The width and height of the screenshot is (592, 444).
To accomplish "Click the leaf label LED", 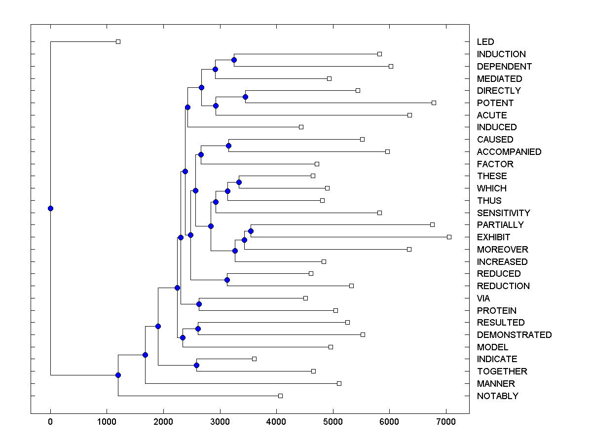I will click(x=485, y=42).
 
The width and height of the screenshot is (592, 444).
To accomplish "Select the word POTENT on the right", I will click(x=495, y=103).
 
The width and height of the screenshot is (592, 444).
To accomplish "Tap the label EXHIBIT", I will click(x=493, y=237).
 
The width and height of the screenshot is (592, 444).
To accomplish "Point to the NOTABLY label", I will click(x=497, y=396).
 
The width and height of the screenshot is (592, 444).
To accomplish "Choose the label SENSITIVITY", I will click(x=503, y=213).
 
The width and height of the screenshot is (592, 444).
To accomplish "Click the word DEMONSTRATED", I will click(x=514, y=335).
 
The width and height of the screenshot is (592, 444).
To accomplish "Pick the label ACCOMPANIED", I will click(x=509, y=152).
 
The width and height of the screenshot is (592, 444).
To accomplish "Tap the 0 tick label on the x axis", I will click(x=50, y=422).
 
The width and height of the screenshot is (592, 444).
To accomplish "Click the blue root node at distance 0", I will click(x=50, y=208).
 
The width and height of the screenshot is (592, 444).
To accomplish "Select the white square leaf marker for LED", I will click(x=118, y=41).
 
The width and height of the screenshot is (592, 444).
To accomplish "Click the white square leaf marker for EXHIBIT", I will click(x=449, y=237).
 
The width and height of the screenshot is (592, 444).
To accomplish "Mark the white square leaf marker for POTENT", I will click(x=434, y=103).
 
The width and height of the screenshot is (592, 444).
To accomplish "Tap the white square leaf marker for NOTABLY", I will click(x=280, y=396).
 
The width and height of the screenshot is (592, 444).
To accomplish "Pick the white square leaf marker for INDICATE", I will click(x=254, y=359).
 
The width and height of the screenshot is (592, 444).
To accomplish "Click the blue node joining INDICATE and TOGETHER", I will click(x=196, y=365).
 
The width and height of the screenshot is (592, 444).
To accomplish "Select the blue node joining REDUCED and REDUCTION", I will click(x=227, y=280).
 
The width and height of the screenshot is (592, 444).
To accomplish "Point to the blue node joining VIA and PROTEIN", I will click(x=199, y=304).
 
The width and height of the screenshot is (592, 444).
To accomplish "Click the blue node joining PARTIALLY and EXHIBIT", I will click(x=251, y=231).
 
